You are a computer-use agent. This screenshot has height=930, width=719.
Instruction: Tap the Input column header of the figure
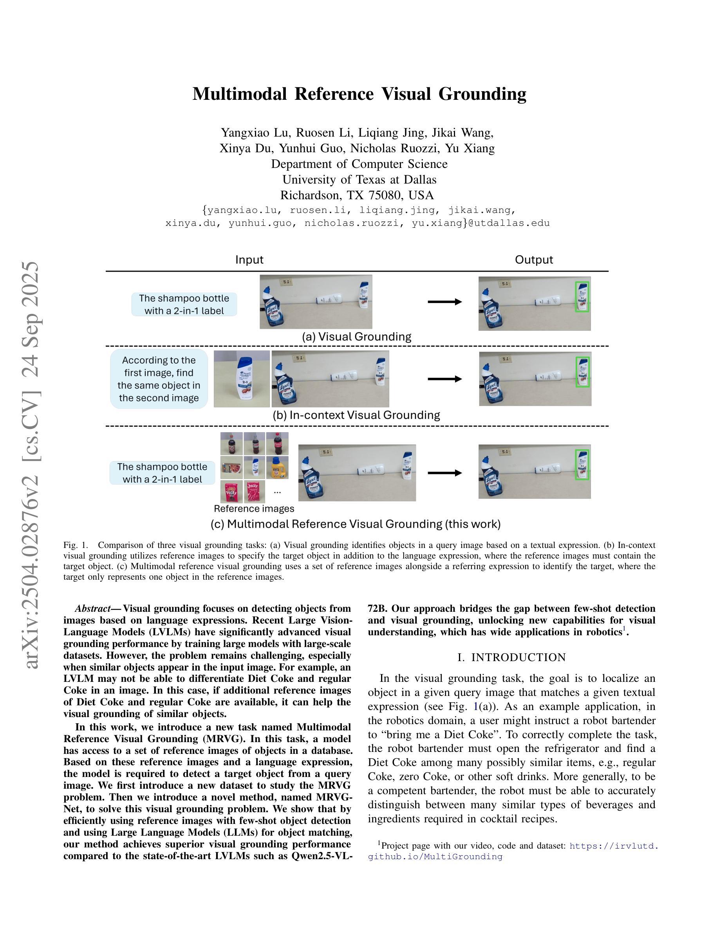click(249, 260)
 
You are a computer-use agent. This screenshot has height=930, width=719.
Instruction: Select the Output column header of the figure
click(534, 260)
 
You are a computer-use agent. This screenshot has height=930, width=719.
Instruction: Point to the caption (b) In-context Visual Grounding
click(356, 415)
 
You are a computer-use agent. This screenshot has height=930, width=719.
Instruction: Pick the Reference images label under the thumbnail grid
click(254, 508)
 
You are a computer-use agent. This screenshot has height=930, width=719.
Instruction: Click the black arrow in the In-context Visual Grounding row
click(445, 379)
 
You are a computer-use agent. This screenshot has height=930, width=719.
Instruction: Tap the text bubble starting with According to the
click(159, 379)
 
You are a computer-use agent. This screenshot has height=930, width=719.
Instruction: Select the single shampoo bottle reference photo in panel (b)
click(242, 378)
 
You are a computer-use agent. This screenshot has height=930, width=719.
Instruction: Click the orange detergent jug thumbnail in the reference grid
click(277, 468)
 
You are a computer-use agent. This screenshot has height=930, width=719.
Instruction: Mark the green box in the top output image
click(582, 297)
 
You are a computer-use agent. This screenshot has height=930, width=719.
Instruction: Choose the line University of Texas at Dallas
click(359, 179)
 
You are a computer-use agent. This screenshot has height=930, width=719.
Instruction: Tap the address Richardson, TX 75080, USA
click(357, 195)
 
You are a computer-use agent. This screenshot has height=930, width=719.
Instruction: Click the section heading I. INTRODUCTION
click(511, 658)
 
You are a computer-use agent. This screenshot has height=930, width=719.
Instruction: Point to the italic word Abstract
click(92, 608)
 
